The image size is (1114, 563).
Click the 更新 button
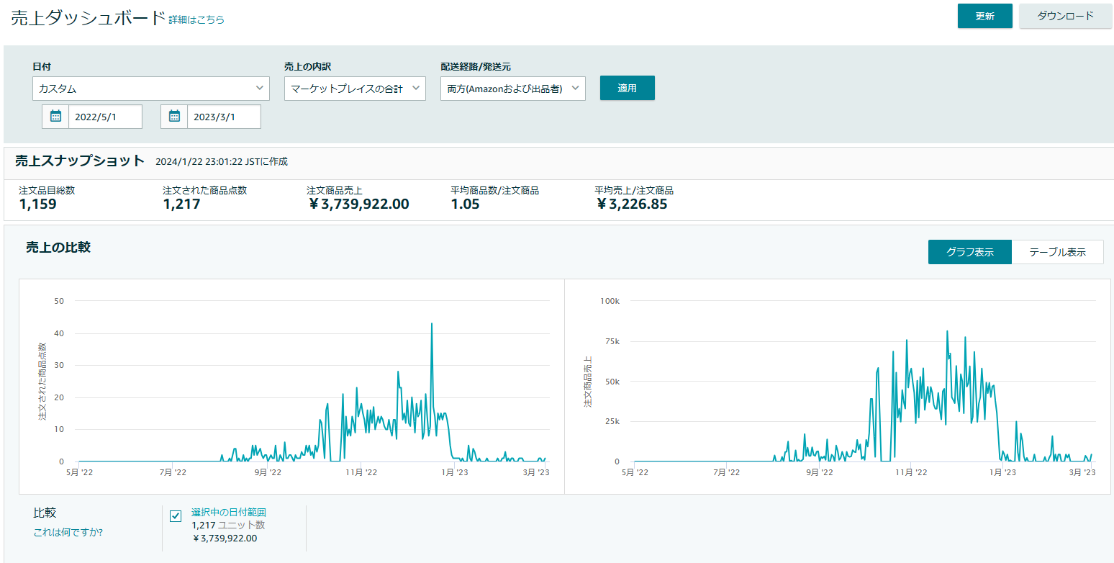(984, 16)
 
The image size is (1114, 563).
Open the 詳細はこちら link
(196, 19)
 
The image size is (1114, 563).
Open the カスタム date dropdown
(151, 89)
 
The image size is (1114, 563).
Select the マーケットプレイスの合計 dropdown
(355, 89)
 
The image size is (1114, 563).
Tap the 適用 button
(627, 88)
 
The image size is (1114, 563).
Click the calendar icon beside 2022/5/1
(55, 117)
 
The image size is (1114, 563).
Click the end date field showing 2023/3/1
(224, 117)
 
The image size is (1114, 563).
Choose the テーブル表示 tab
(1057, 252)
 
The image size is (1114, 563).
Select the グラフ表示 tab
(970, 252)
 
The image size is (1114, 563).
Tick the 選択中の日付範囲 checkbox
(176, 515)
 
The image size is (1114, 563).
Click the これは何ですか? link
(68, 532)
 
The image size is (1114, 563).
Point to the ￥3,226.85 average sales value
(632, 204)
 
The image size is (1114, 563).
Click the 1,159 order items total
(38, 204)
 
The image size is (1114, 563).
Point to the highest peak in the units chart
(432, 324)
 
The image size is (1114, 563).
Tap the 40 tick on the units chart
(59, 333)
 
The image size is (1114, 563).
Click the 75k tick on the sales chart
(612, 341)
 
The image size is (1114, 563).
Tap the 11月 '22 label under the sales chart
(911, 472)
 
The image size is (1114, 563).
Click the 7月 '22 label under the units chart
(173, 472)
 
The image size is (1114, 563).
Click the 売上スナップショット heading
(80, 161)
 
